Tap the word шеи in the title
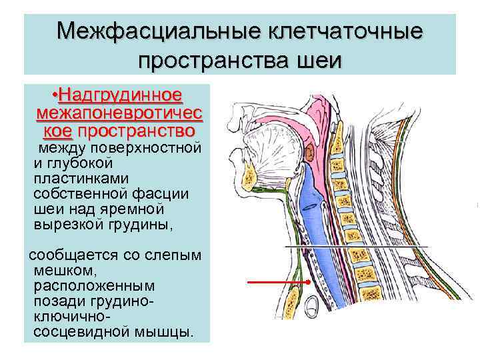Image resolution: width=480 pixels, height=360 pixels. pyautogui.click(x=317, y=61)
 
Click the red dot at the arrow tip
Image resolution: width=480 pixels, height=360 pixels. pyautogui.click(x=310, y=283)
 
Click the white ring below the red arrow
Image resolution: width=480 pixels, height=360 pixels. pyautogui.click(x=311, y=307)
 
